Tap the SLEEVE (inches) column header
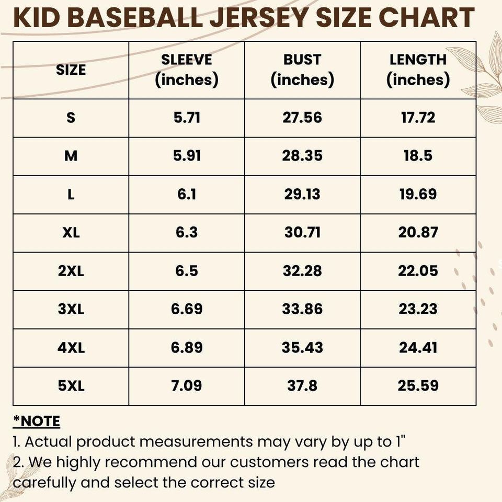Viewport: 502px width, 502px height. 187,70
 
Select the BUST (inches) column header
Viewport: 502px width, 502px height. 302,70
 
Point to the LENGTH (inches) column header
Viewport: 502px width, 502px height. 418,70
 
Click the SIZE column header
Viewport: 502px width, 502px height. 71,70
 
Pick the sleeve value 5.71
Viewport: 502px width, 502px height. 187,118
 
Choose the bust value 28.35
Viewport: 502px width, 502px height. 302,156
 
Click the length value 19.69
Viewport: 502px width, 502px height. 418,195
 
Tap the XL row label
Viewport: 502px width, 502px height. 71,233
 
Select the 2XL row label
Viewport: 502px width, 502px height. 71,271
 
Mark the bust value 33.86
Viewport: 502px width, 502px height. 302,310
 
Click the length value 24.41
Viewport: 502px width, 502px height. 418,348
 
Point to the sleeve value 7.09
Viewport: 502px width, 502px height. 187,386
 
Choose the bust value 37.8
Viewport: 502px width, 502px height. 302,386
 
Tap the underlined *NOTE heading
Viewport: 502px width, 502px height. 36,421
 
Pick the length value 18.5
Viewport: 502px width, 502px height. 418,156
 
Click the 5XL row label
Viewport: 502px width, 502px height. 71,386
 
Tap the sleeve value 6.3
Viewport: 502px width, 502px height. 187,233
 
